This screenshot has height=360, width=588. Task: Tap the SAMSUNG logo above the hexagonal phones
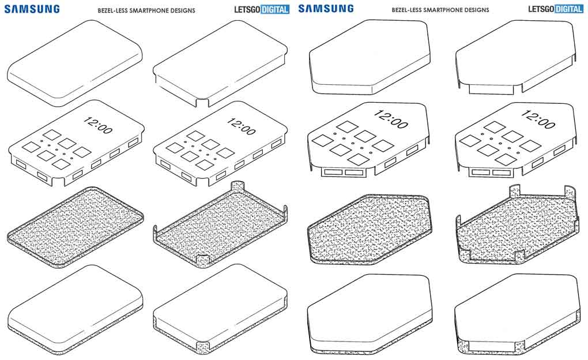[326, 9]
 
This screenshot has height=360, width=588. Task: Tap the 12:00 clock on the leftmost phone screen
[98, 123]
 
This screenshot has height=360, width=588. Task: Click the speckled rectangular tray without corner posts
[75, 225]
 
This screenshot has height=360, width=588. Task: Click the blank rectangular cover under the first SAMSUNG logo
[75, 62]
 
